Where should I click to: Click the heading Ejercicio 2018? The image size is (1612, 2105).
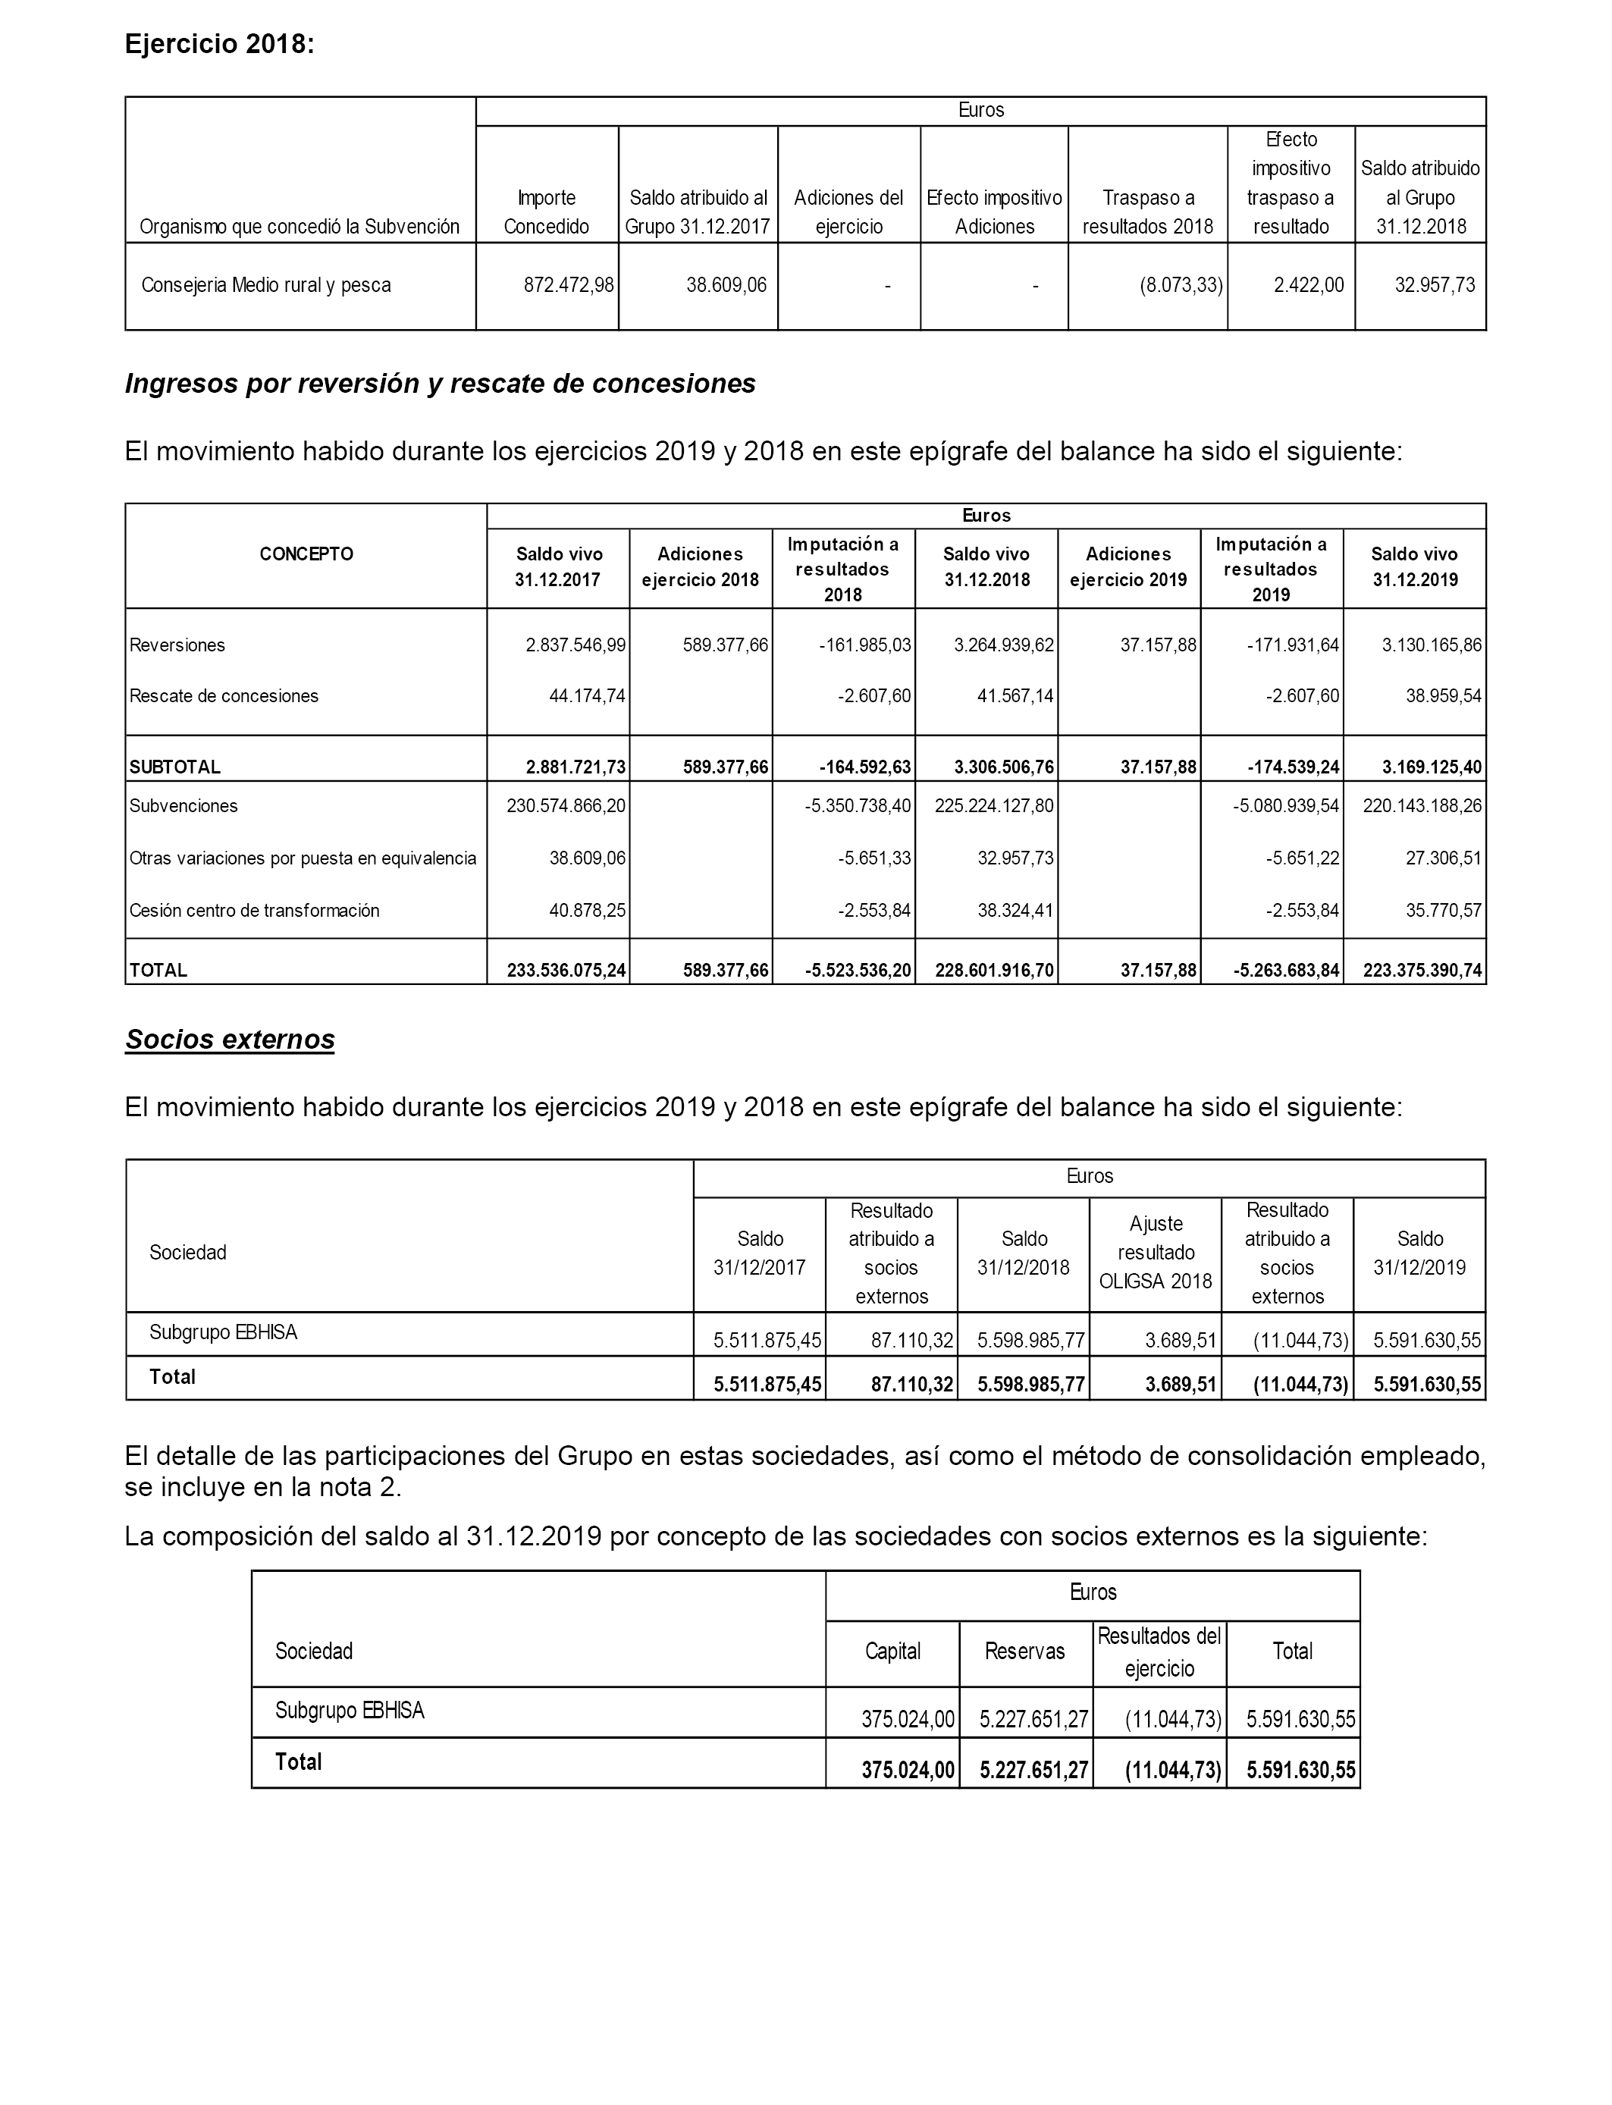click(x=219, y=44)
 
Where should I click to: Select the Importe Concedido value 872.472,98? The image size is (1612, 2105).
click(x=568, y=285)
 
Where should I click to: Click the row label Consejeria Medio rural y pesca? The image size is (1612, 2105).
click(x=266, y=285)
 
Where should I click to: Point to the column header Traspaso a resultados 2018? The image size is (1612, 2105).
click(x=1148, y=212)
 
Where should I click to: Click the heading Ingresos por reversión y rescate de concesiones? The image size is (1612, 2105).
click(x=440, y=384)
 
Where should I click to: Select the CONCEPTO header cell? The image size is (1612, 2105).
click(x=306, y=554)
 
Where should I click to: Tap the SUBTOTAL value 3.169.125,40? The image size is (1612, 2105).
click(x=1432, y=767)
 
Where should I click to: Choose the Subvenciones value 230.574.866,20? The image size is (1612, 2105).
click(x=566, y=806)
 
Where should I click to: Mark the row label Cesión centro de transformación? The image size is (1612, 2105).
click(x=254, y=911)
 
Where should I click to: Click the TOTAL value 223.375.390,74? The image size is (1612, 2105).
click(x=1422, y=971)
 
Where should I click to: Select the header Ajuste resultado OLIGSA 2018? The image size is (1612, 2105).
click(x=1156, y=1252)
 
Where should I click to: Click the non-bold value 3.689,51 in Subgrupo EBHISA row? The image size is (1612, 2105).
click(x=1181, y=1341)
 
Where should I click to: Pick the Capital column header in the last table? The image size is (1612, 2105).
click(x=892, y=1652)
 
